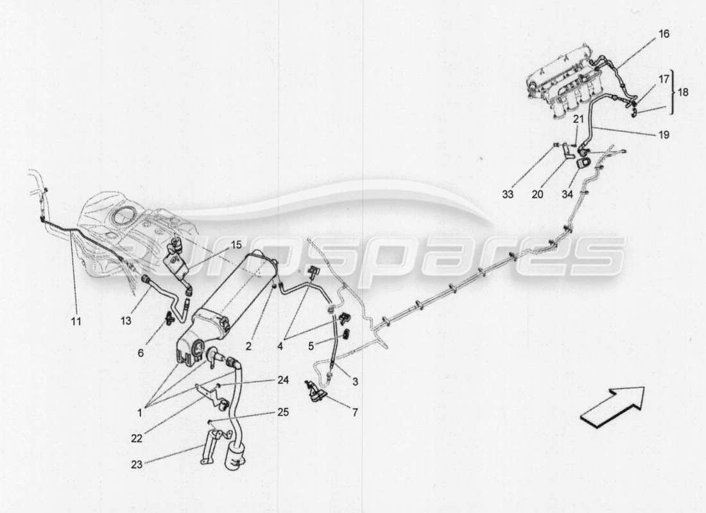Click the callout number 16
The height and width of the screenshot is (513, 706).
pos(663,34)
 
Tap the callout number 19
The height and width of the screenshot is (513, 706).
pos(663,135)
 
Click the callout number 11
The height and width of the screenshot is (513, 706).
pos(76,321)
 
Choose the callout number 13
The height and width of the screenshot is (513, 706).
pos(126,319)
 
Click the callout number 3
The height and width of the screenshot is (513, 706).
pos(355,382)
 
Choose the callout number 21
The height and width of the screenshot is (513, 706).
pos(578,119)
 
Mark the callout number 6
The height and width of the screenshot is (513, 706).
pos(141,352)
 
